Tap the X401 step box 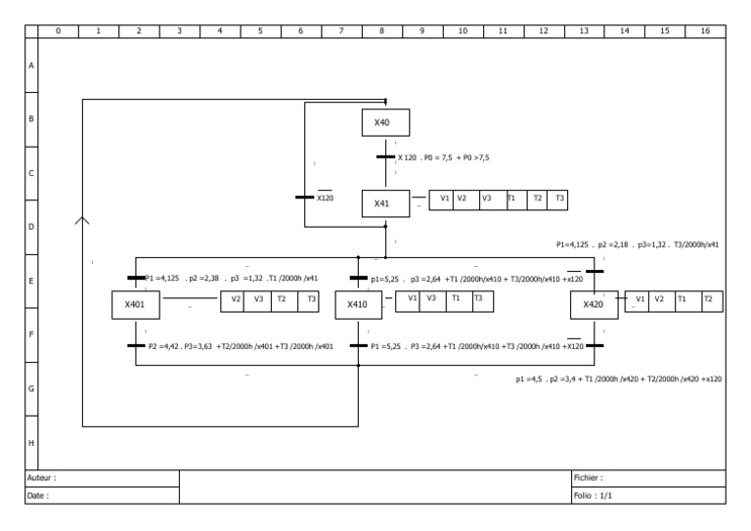(135, 305)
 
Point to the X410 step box (359, 305)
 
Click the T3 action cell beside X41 (559, 199)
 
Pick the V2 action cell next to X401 (236, 298)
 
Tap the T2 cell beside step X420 (710, 298)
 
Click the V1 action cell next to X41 (444, 199)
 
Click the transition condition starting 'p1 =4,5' (619, 378)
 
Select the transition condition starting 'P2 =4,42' (241, 345)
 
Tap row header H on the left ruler (31, 442)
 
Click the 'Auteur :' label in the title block (41, 478)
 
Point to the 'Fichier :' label (589, 478)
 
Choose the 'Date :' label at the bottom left (38, 496)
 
